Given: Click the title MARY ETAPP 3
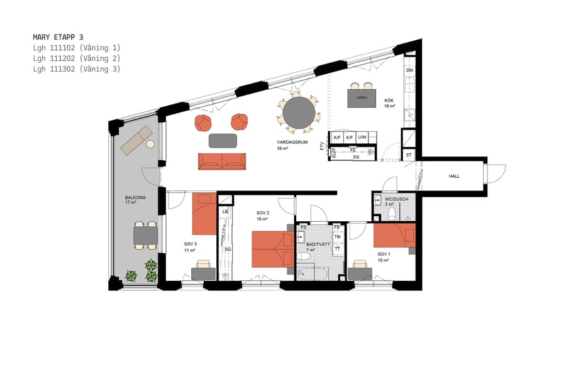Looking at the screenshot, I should click(x=58, y=37).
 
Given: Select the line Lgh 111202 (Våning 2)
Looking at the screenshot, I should click(x=76, y=58).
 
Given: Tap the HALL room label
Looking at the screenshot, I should click(x=454, y=177).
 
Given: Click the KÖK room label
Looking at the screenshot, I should click(x=389, y=99).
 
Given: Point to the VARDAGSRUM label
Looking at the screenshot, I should click(x=287, y=142).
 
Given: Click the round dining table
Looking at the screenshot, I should click(x=299, y=113).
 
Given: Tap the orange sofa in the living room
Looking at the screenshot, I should click(x=222, y=161).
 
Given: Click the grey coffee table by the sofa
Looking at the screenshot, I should click(x=223, y=140).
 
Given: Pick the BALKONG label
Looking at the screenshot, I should click(x=135, y=198).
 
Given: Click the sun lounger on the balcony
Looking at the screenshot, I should click(x=136, y=140).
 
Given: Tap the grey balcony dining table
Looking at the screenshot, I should click(x=145, y=235).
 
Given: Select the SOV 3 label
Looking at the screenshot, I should click(x=191, y=244).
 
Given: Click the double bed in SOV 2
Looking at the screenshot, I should click(x=273, y=249).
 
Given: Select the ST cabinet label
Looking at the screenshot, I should click(x=409, y=155).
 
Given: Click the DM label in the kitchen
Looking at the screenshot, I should click(x=409, y=70).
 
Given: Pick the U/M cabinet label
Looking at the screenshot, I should click(x=362, y=138).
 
